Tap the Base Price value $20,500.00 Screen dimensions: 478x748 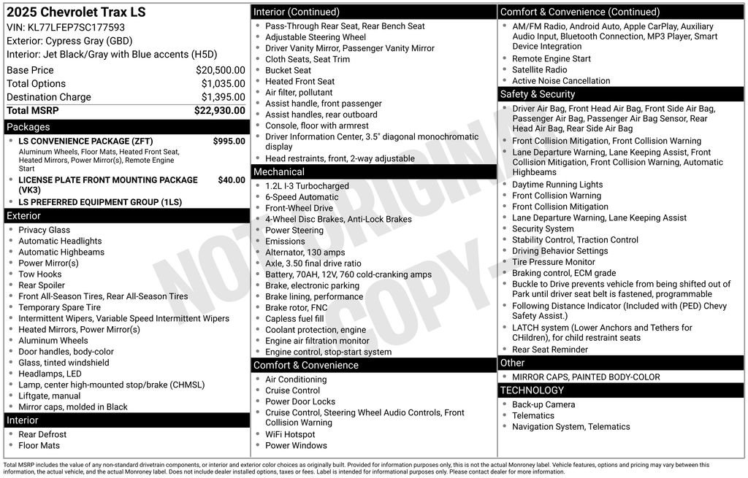[220, 70]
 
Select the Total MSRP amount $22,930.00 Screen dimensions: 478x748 [219, 110]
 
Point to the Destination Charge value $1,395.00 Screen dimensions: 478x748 [223, 97]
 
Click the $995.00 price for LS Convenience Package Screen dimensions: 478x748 [229, 141]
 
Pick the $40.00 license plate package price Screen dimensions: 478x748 [232, 180]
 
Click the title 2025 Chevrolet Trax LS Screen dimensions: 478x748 [76, 12]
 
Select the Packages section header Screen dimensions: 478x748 [28, 127]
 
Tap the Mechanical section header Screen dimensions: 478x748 [278, 171]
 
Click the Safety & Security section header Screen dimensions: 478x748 [537, 94]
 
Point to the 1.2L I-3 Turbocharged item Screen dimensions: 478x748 [307, 186]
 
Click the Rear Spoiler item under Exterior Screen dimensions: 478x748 [42, 285]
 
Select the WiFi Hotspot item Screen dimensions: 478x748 [290, 434]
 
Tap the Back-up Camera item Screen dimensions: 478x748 [543, 404]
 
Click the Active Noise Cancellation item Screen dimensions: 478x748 [560, 81]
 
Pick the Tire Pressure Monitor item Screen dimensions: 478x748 [553, 262]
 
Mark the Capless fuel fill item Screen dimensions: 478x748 [294, 319]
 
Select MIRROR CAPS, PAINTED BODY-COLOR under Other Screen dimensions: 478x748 [575, 377]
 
